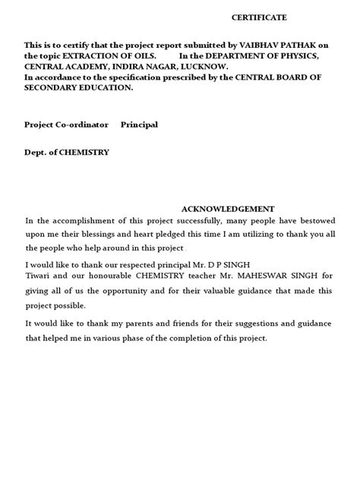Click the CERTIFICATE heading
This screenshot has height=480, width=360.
click(260, 17)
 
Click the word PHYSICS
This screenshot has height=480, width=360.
click(299, 56)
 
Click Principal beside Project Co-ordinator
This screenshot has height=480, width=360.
click(140, 124)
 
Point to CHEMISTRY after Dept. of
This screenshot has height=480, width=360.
click(84, 152)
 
